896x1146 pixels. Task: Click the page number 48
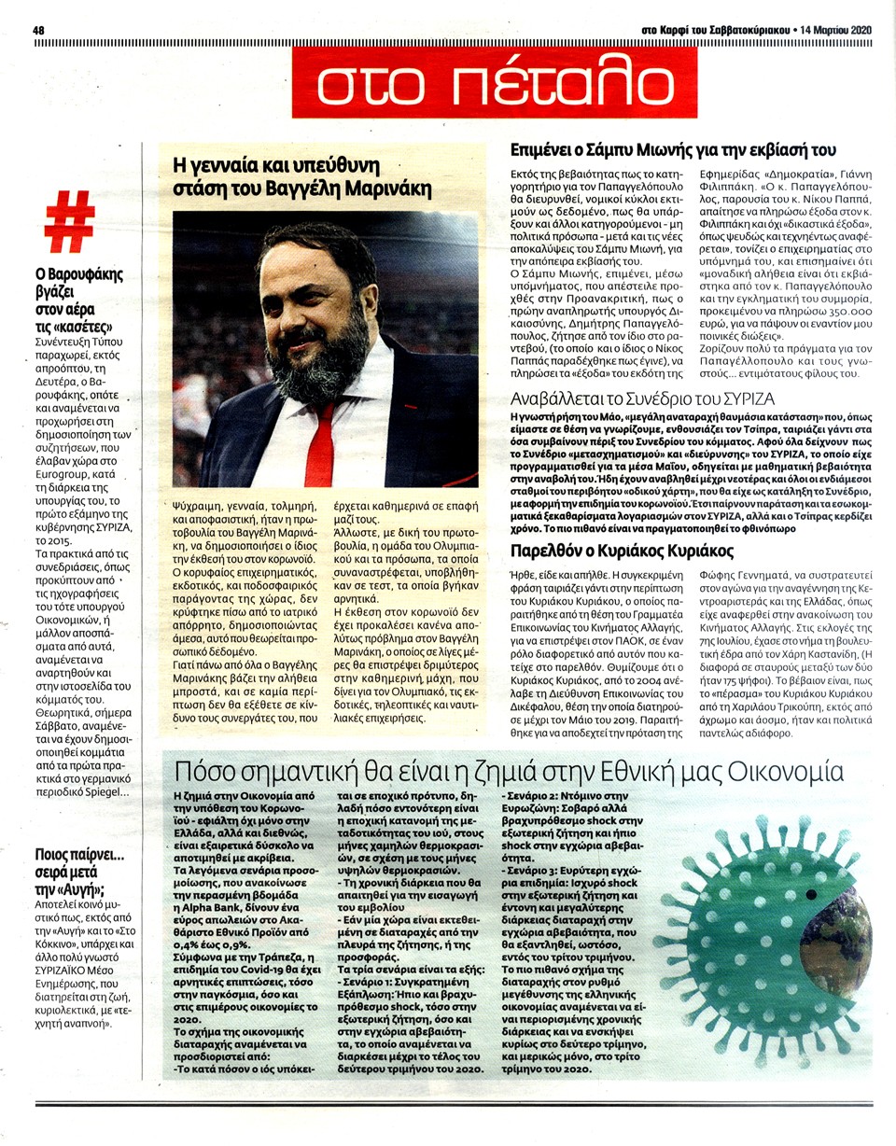[x=39, y=30]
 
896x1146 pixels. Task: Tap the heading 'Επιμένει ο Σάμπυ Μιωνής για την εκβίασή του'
[x=672, y=150]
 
